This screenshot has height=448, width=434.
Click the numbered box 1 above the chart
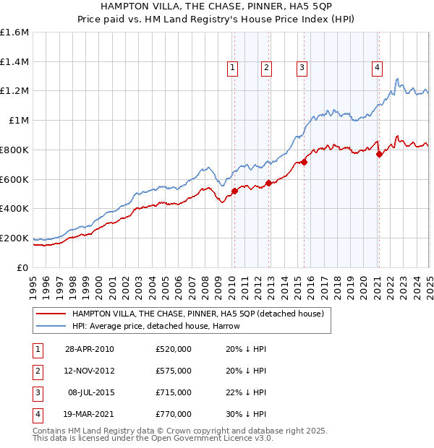pos(233,68)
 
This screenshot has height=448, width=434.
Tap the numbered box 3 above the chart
pos(301,68)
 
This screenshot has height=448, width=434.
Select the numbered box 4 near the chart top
pos(378,68)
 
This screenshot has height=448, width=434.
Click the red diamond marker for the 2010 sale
pos(234,191)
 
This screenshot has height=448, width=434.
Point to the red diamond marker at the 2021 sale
pos(379,154)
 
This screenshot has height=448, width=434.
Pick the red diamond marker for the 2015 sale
pos(304,162)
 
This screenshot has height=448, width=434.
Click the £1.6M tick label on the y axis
pos(14,33)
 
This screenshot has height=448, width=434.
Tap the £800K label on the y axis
pos(14,150)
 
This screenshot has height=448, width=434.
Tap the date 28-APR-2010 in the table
pos(89,349)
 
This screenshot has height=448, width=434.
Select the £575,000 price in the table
pos(174,371)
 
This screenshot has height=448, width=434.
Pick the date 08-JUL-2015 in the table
pos(90,392)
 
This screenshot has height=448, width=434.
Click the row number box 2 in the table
pos(37,371)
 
